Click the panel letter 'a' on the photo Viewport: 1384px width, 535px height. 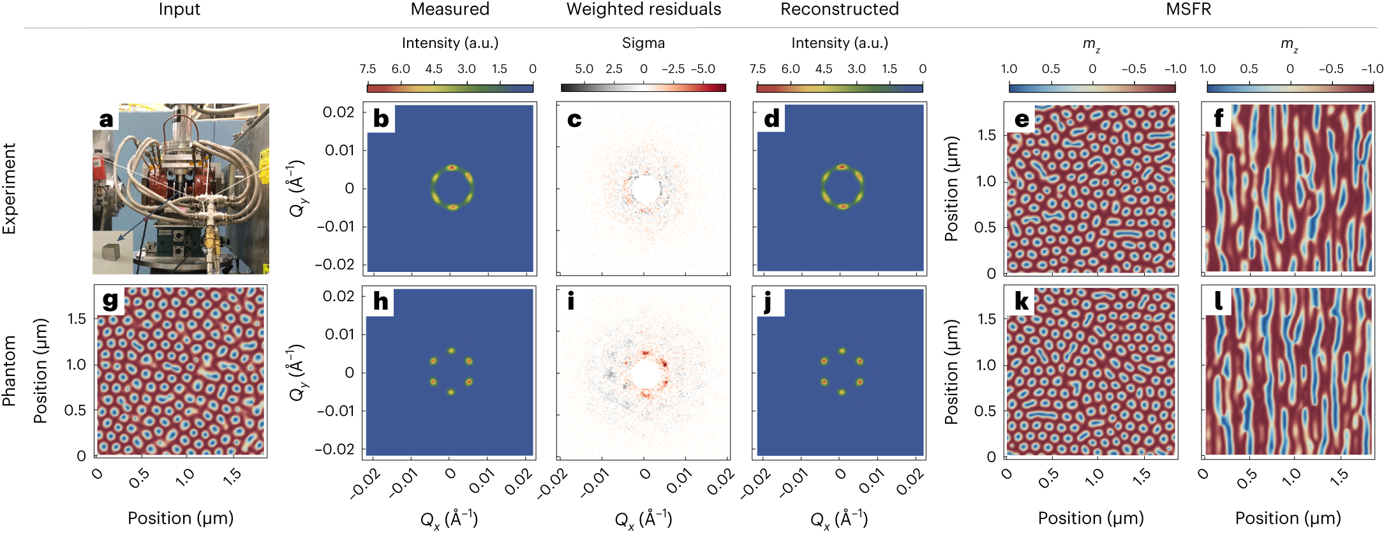106,119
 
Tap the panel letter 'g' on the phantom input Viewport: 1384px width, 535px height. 110,300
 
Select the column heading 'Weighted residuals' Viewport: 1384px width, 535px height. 643,10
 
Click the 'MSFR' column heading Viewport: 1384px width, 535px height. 1188,10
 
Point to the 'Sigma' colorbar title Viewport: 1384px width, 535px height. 643,43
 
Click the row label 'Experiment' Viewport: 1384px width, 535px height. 10,189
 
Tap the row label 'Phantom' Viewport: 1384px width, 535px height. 10,371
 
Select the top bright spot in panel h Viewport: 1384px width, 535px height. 451,350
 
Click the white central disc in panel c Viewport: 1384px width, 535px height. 644,190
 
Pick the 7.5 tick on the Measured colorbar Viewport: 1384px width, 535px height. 368,69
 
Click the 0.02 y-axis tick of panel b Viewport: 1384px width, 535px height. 338,112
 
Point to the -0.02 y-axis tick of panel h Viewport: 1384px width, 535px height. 334,449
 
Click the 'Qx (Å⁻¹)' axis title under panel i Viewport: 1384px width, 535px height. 643,518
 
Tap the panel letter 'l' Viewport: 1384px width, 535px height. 1218,301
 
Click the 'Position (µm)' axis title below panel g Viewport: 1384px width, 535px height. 181,518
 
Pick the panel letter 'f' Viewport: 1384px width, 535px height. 1219,119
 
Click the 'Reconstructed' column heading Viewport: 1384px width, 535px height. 839,10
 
